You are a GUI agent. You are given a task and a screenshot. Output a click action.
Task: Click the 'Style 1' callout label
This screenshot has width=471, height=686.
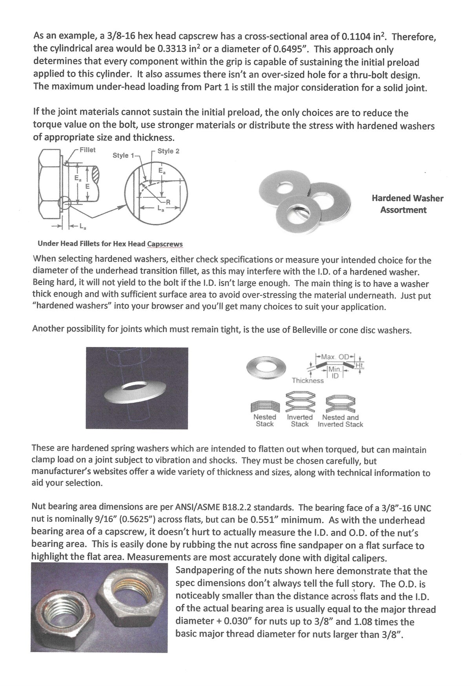click(123, 156)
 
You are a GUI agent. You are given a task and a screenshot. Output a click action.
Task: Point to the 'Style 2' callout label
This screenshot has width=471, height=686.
click(168, 151)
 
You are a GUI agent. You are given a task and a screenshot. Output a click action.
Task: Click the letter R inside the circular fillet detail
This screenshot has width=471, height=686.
click(168, 202)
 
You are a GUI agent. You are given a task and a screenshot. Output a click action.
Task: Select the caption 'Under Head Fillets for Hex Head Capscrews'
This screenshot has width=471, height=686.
click(110, 244)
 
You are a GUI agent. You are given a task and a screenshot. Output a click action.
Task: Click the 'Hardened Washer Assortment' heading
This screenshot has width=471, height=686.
click(407, 204)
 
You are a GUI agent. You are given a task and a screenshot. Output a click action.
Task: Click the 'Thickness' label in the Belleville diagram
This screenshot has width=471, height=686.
click(308, 380)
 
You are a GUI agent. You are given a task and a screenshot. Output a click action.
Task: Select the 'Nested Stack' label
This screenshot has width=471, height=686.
click(265, 420)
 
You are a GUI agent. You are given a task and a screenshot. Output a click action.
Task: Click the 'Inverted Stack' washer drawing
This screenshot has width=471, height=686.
click(299, 401)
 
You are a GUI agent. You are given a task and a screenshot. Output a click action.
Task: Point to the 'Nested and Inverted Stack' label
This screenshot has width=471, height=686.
click(340, 420)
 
